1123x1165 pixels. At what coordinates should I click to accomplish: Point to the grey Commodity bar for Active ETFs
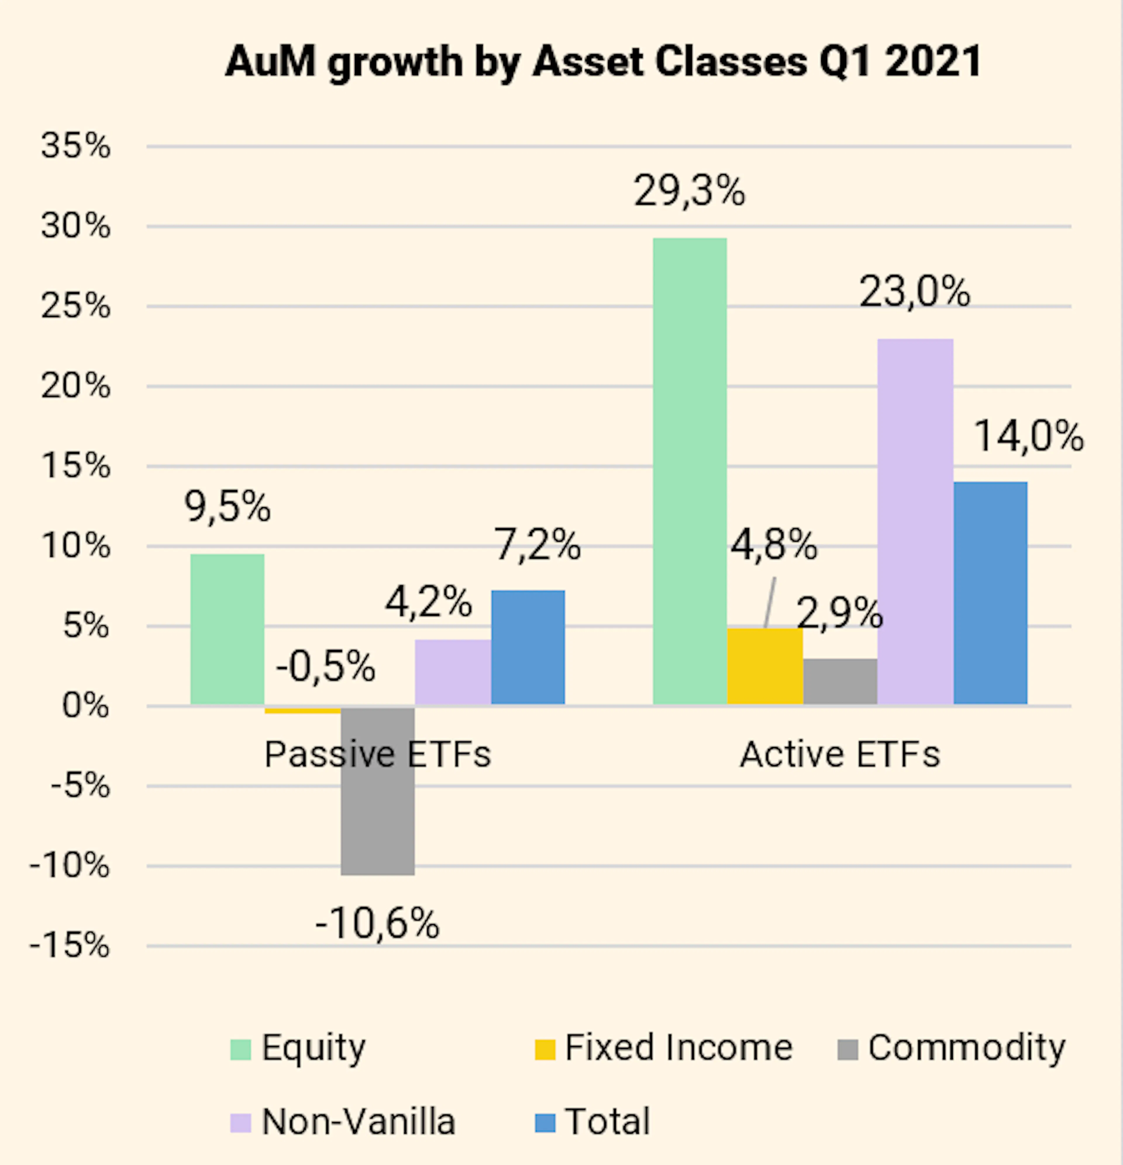(x=840, y=682)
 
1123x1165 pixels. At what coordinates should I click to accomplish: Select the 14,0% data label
(x=1029, y=436)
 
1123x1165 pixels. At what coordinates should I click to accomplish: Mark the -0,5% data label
(x=325, y=666)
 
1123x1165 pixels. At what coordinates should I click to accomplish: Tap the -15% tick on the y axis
(x=70, y=945)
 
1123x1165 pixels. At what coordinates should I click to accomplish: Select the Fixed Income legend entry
(x=664, y=1047)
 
